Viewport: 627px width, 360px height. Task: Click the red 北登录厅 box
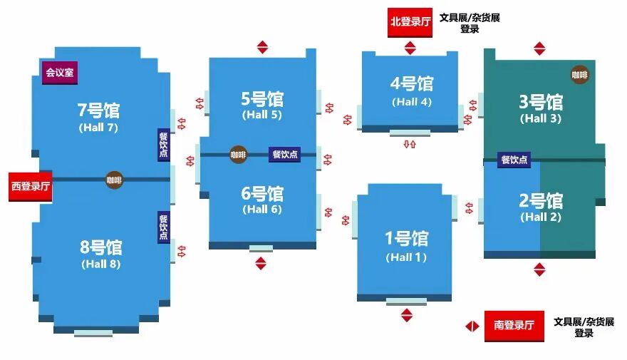tap(410, 22)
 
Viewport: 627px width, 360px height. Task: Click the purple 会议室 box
tap(60, 72)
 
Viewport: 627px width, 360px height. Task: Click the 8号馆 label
tap(100, 247)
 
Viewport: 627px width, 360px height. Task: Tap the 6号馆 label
tap(261, 193)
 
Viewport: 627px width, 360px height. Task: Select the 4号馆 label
tap(411, 83)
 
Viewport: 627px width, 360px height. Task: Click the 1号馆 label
tap(406, 238)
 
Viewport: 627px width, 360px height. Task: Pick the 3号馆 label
tap(540, 102)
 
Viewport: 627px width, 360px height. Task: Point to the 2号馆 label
tap(540, 200)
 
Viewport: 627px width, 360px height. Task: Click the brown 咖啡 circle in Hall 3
tap(579, 74)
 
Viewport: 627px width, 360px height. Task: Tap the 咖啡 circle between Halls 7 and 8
tap(114, 180)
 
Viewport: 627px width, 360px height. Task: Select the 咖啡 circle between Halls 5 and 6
tap(238, 154)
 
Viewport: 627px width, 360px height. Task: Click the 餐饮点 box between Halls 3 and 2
tap(514, 160)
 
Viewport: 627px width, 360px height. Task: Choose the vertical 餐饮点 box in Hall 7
tap(163, 145)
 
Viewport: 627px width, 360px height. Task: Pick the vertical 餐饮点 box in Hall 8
tap(163, 227)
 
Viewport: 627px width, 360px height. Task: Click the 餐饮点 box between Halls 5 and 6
tap(285, 154)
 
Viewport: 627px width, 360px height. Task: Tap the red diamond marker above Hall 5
tap(263, 47)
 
